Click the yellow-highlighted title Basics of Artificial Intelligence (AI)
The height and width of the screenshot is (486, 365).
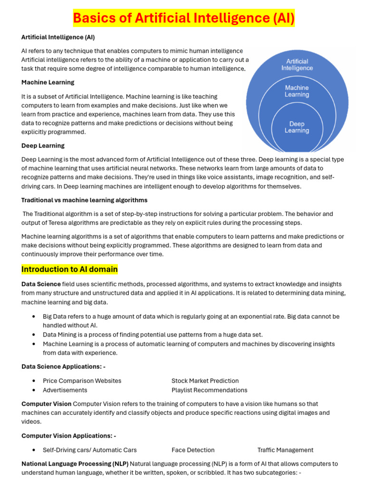coord(183,19)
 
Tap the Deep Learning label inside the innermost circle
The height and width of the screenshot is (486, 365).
coord(297,127)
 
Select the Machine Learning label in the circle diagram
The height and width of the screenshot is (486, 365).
coord(297,91)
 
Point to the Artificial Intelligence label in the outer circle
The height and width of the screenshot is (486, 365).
coord(297,65)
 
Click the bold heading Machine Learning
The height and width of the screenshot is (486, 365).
coord(48,82)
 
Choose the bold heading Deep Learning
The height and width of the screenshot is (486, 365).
coord(43,145)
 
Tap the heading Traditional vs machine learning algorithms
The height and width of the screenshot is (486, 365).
coord(84,200)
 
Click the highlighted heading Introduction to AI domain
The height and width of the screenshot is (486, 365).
coord(69,270)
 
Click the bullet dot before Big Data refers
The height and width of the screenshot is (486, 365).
coord(34,317)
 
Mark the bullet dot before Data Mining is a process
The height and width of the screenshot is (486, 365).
coord(34,335)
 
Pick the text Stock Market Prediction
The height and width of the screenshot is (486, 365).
coord(205,381)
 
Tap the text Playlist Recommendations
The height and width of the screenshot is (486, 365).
coord(209,390)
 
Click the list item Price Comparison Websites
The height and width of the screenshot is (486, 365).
coord(82,381)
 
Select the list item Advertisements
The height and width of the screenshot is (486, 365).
coord(65,390)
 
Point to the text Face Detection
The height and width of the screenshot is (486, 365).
coord(193,450)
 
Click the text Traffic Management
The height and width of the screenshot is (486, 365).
coord(285,450)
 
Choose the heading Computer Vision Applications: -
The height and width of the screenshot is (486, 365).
coord(68,436)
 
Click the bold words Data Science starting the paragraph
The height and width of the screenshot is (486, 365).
coord(41,284)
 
